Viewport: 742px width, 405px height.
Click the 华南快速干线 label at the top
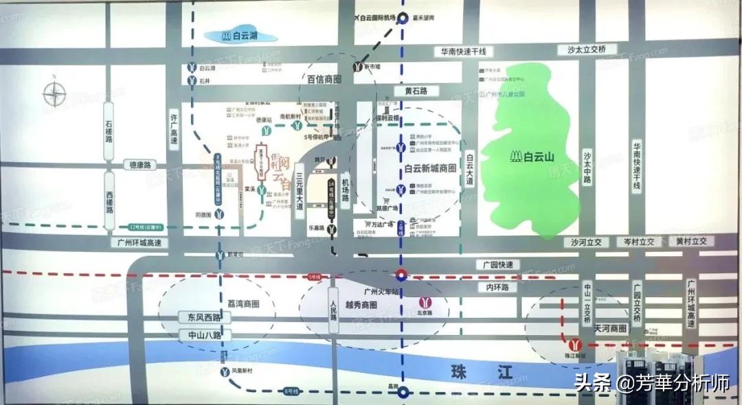coord(464,51)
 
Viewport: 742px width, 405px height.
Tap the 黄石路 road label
coord(416,91)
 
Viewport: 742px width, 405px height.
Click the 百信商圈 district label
coord(324,80)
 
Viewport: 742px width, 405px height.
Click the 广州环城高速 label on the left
coord(139,243)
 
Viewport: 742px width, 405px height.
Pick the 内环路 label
coord(500,288)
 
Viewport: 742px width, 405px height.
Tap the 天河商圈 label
coord(611,329)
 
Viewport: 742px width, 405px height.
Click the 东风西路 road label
coord(200,317)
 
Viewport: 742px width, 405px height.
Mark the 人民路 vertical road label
coord(334,316)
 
